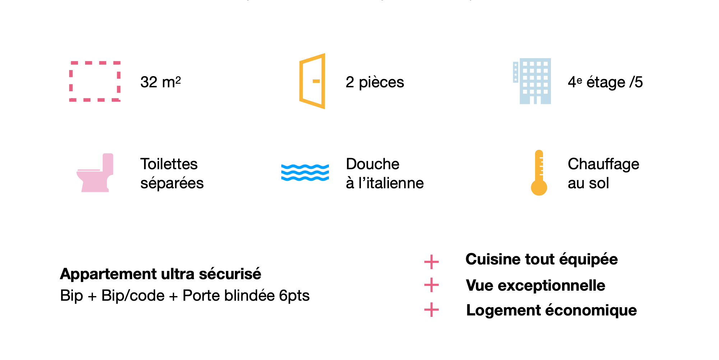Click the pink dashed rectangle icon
[x=71, y=81]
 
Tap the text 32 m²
[x=161, y=82]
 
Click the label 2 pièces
[x=375, y=82]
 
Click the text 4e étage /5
[x=605, y=82]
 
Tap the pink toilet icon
[x=95, y=173]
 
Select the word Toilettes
[x=169, y=164]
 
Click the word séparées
[x=172, y=183]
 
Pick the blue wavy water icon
[x=305, y=173]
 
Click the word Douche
[x=373, y=164]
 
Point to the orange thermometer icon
[x=539, y=173]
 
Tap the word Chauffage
[x=603, y=164]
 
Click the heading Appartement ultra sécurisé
[x=161, y=274]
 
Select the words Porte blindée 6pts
[x=246, y=296]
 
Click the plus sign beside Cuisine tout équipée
[x=431, y=262]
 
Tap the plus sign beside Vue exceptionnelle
[x=431, y=285]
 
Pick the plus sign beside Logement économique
[x=431, y=310]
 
